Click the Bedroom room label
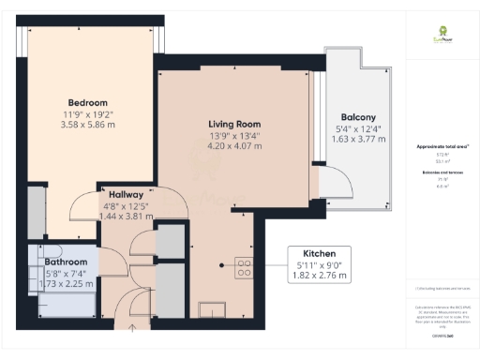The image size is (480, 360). [x=87, y=102]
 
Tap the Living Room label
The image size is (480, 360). [x=232, y=124]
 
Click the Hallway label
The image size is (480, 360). [x=126, y=194]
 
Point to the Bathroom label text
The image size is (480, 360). [x=67, y=262]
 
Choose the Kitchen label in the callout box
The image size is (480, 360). [x=313, y=254]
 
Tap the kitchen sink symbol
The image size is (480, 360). [x=211, y=307]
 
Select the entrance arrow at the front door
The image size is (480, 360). [x=132, y=328]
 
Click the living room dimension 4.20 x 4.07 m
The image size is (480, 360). [x=232, y=146]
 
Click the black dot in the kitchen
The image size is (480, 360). [x=222, y=265]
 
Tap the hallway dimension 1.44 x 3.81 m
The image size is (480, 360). [x=126, y=216]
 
